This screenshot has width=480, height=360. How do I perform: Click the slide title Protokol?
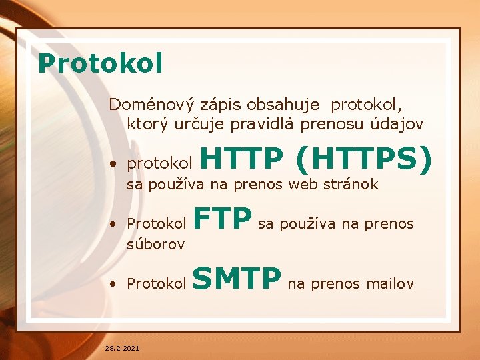[101, 63]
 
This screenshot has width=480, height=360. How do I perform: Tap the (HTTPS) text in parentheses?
[364, 159]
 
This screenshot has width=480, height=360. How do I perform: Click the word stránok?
[351, 185]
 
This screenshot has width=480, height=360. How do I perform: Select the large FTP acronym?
[223, 218]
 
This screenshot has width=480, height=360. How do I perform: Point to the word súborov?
[156, 245]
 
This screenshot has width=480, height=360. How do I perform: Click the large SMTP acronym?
[237, 279]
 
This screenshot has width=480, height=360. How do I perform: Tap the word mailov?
[389, 284]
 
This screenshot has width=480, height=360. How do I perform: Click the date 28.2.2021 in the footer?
[123, 348]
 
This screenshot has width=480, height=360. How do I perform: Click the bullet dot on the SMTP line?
[115, 284]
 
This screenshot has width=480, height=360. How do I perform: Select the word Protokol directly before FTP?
[157, 223]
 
